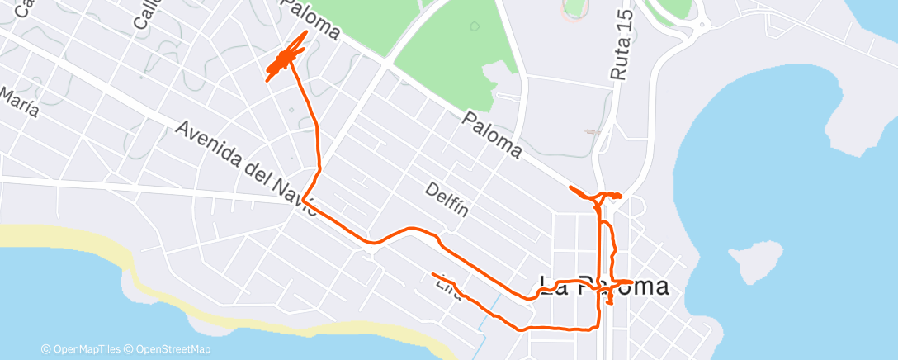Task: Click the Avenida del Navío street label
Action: pos(246,168)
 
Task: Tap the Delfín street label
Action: pos(447,199)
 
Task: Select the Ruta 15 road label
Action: pos(622,45)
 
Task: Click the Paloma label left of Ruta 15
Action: pos(493,135)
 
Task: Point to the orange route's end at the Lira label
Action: pos(432,273)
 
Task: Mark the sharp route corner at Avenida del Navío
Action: pos(304,199)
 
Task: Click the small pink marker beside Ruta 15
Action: pos(588,131)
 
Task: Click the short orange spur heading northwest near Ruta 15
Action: pos(579,192)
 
